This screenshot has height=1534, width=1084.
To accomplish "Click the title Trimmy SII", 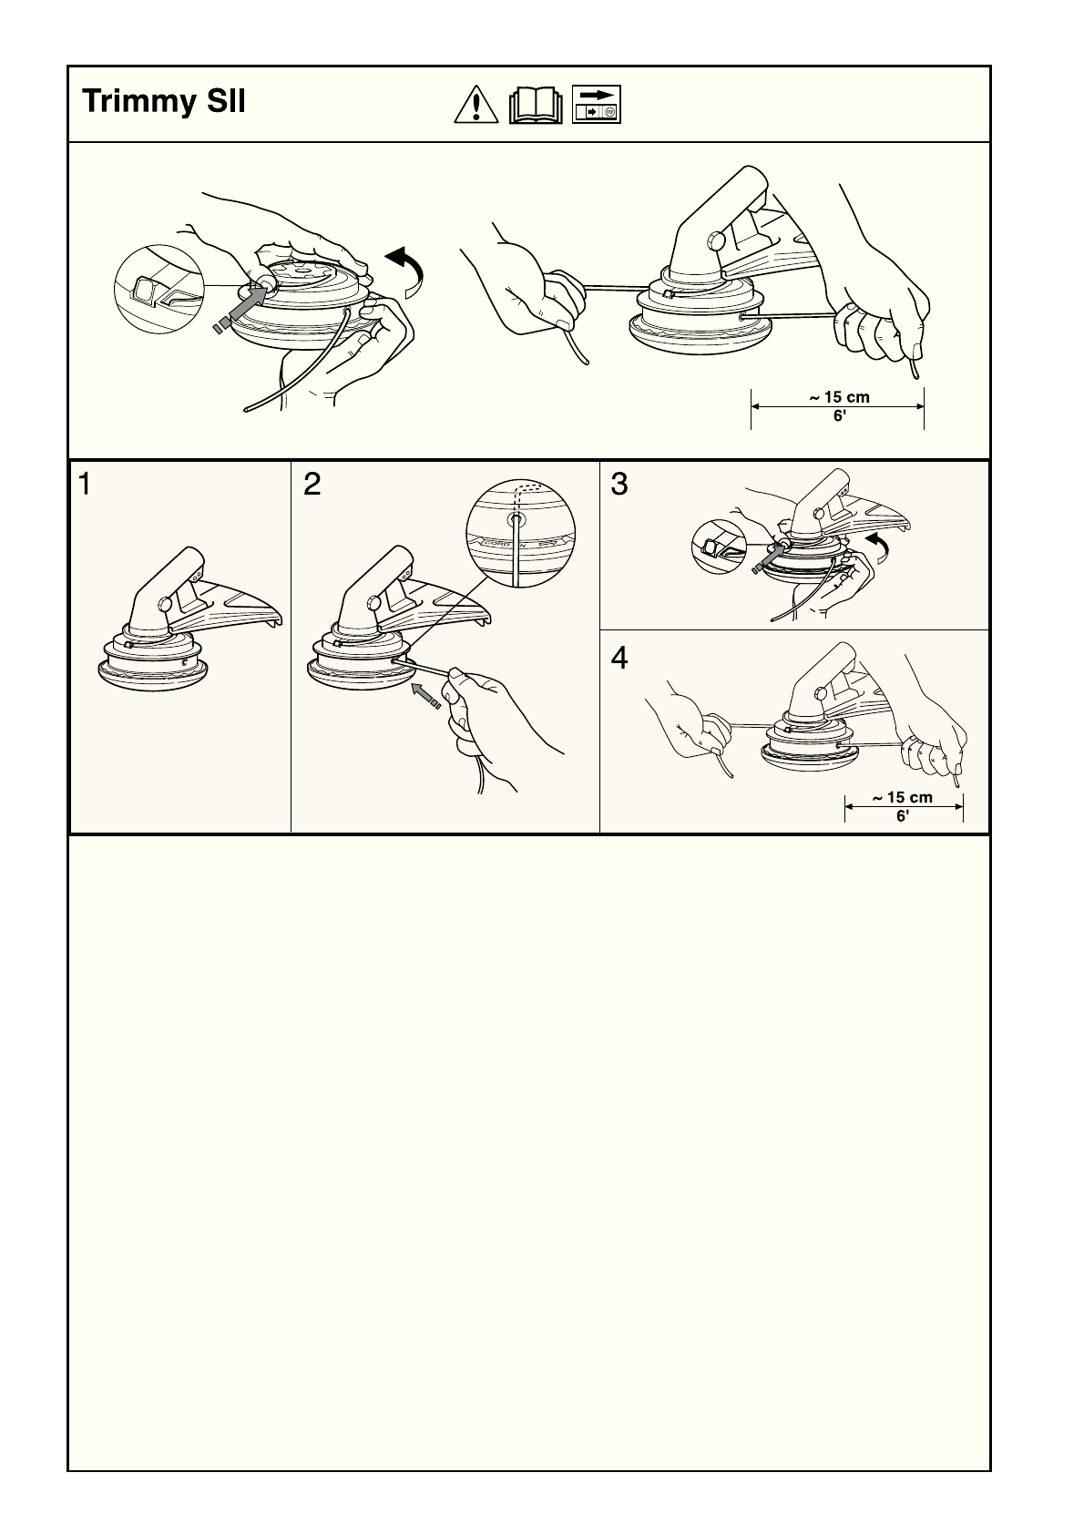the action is point(164,101).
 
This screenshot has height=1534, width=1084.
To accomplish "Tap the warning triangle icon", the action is point(476,105).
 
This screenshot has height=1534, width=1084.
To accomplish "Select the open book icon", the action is point(536,105).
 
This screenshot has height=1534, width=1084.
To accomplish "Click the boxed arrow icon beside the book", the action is point(597,104).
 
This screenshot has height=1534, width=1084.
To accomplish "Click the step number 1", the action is point(85,485).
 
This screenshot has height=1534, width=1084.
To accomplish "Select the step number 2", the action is point(312,485).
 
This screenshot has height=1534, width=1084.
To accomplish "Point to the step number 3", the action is point(619,485).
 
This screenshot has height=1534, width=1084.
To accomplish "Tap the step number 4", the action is point(619,658).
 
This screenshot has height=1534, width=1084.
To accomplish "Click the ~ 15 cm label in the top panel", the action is point(839,397).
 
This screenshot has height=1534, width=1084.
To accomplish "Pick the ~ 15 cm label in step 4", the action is point(902,797).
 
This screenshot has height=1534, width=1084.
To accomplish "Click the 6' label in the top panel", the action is point(840,415).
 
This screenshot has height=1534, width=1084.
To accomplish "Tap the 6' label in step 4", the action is point(903,815).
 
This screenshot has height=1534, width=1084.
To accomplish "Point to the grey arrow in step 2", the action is point(425,695).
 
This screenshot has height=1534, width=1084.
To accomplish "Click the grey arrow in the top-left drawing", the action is point(240,308).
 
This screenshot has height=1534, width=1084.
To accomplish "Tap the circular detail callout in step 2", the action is point(520,534).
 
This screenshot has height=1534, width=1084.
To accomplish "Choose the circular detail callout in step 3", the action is point(719,547).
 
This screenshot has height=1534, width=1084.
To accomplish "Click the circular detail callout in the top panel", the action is point(159,289).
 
